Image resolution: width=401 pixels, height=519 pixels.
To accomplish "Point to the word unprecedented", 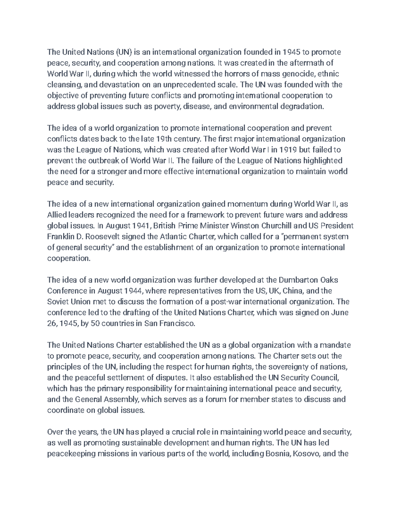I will pyautogui.click(x=191, y=85).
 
